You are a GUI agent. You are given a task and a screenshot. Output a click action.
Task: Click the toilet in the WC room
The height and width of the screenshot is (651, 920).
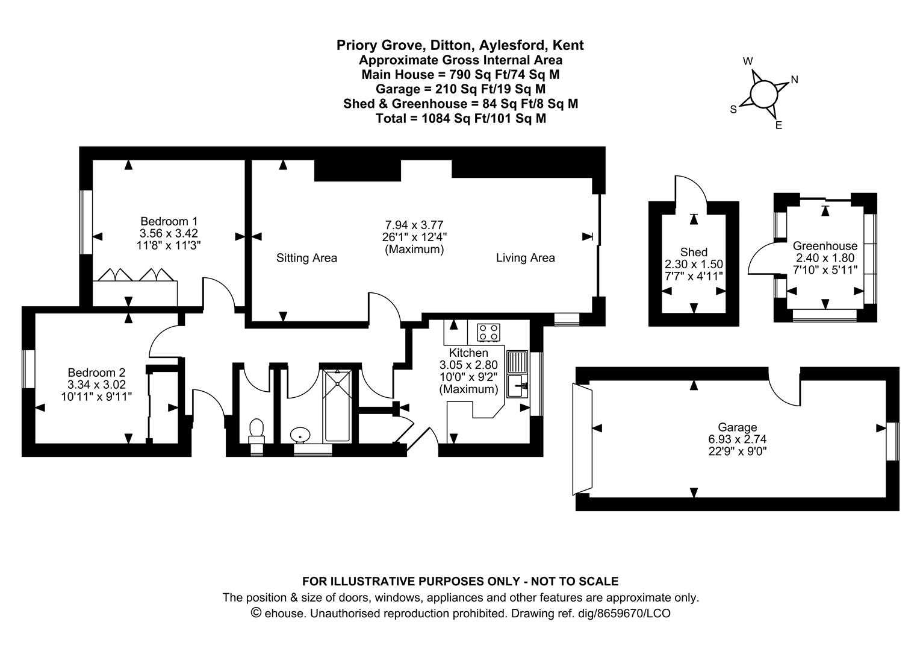[256, 431]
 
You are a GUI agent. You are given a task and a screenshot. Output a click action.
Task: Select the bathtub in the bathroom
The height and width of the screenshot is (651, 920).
[337, 406]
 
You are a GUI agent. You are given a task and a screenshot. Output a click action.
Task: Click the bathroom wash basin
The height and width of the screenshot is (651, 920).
[299, 435]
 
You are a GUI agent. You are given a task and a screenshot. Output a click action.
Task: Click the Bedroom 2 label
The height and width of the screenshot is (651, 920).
[96, 372]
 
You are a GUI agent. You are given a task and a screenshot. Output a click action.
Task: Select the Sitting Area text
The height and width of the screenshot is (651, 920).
[306, 258]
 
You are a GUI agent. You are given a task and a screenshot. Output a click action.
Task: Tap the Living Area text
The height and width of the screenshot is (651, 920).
[525, 258]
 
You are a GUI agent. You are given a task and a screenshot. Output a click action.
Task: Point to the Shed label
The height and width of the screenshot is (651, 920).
[694, 252]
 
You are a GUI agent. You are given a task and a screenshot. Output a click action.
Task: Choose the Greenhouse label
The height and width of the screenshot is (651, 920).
[825, 246]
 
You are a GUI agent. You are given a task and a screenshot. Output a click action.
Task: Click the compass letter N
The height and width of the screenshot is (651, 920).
[794, 80]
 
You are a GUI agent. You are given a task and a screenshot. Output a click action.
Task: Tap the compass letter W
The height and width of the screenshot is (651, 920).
[748, 61]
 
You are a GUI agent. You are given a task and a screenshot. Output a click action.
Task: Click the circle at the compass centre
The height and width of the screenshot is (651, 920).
[764, 93]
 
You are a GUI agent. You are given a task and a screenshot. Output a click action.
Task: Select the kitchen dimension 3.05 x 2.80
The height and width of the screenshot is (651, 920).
[468, 365]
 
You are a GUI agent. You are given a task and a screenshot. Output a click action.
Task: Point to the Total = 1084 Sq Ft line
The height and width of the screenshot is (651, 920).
[461, 119]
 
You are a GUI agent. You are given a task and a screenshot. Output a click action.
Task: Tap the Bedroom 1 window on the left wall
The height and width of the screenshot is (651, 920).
[87, 222]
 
